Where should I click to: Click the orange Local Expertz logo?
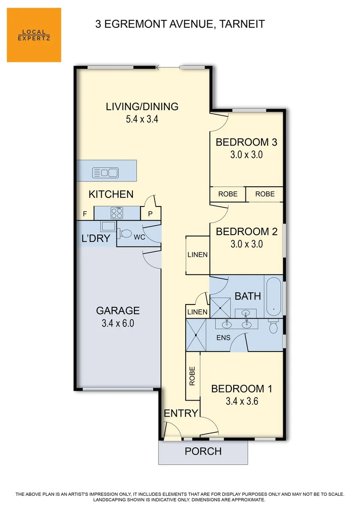click(x=34, y=35)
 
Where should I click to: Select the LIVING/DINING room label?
click(x=142, y=107)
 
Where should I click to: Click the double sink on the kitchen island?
click(x=106, y=172)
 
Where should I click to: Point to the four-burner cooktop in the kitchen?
click(x=116, y=213)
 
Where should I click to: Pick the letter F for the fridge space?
click(x=85, y=214)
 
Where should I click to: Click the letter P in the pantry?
click(x=150, y=214)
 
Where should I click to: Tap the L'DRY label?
click(x=96, y=238)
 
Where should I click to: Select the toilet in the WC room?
click(x=125, y=233)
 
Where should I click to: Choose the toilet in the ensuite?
click(x=273, y=327)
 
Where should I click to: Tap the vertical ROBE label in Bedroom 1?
click(x=192, y=377)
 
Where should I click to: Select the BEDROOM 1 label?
click(x=241, y=389)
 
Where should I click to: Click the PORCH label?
click(x=203, y=451)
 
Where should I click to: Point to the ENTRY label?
click(x=180, y=413)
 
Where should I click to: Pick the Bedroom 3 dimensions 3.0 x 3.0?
click(x=246, y=154)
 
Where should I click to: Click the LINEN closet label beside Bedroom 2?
click(x=197, y=254)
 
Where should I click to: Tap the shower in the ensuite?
click(x=196, y=335)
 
